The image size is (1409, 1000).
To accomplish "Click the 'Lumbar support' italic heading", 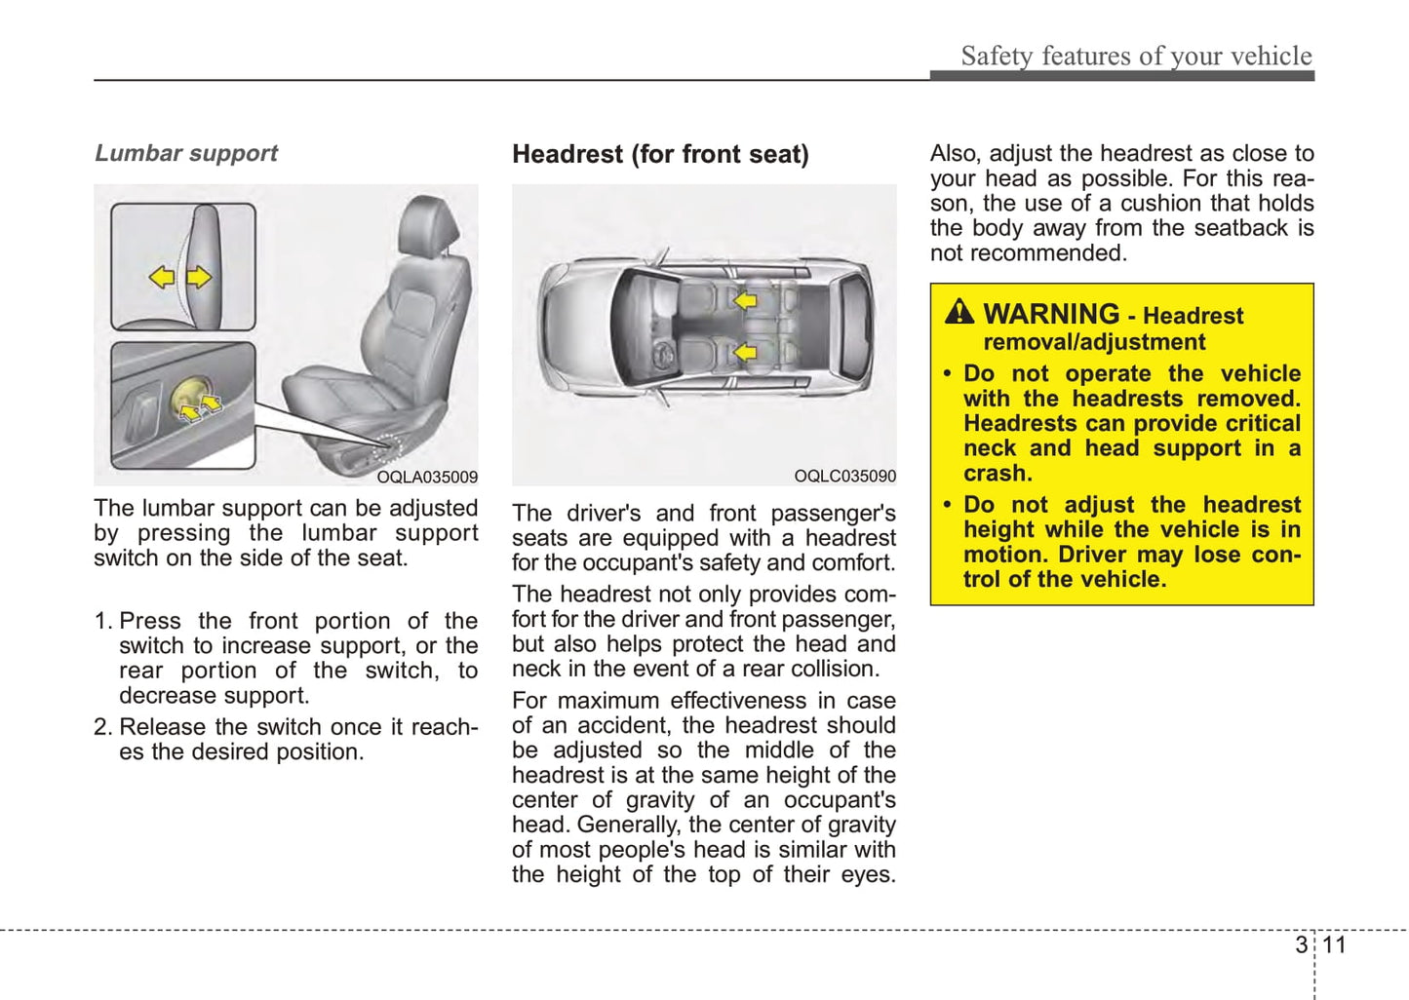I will pos(185,153).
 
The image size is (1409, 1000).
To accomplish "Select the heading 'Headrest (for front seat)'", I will pos(660,154).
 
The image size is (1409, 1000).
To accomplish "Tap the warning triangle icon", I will pos(959,312).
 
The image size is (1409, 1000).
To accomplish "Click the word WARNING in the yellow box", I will pos(1050,314).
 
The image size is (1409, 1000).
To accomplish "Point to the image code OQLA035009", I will pos(427,477).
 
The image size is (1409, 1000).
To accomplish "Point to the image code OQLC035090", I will pos(844,476).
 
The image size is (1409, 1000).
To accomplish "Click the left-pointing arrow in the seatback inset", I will pos(162,277).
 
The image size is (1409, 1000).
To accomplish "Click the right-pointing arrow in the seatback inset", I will pos(199,277).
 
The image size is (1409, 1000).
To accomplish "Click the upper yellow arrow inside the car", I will pos(745,300).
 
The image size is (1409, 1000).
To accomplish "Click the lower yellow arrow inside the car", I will pos(745,351).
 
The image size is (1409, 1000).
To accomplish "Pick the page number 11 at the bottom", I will pos(1334,944).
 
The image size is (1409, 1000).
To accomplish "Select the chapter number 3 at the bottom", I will pos(1301,944).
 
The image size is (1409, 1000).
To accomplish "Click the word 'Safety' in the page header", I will pos(997,57).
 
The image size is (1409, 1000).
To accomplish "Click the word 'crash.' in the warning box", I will pos(998,474).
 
